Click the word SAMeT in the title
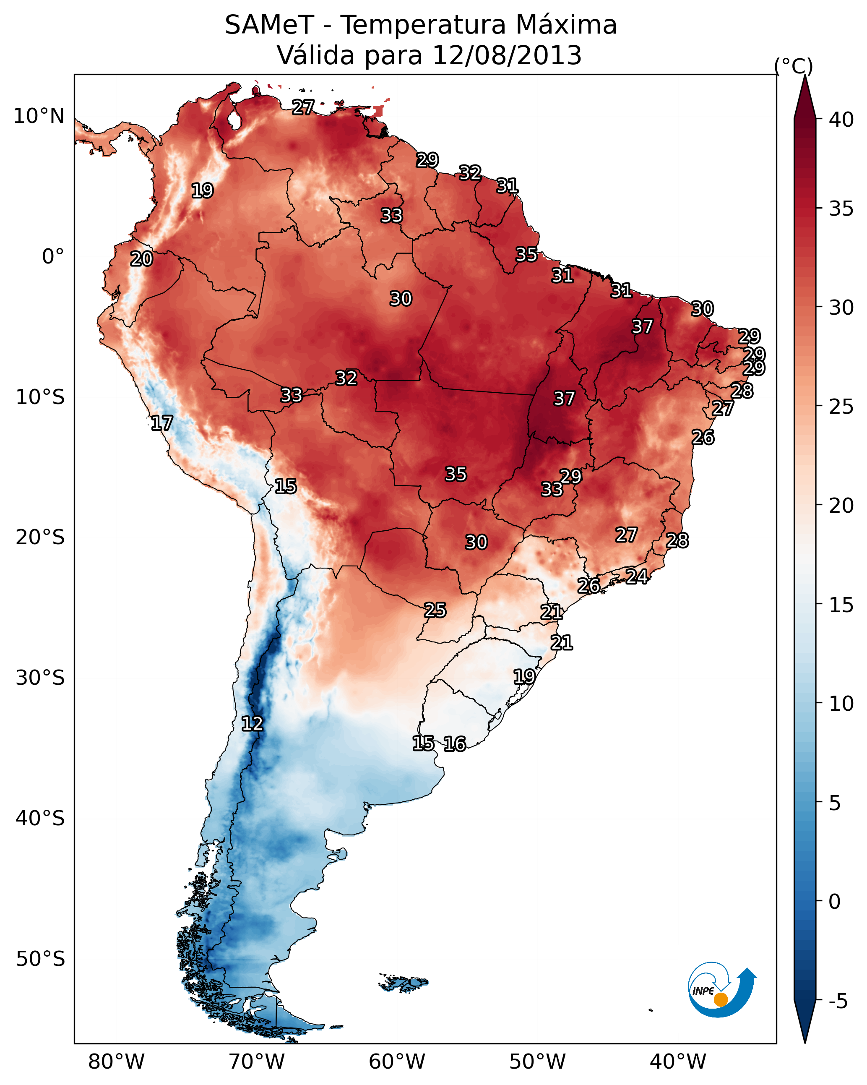pos(269,25)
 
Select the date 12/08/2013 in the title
pos(506,55)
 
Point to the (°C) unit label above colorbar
pos(793,66)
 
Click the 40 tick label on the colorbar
pos(841,120)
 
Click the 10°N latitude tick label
pos(39,116)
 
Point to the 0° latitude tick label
pos(53,257)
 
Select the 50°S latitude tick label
pos(40,959)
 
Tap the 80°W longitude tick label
pos(116,1062)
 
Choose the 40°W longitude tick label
pos(678,1062)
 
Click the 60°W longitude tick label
pos(397,1062)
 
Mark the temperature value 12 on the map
pos(252,724)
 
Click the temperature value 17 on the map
pos(162,423)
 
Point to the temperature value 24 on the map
pos(637,576)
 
